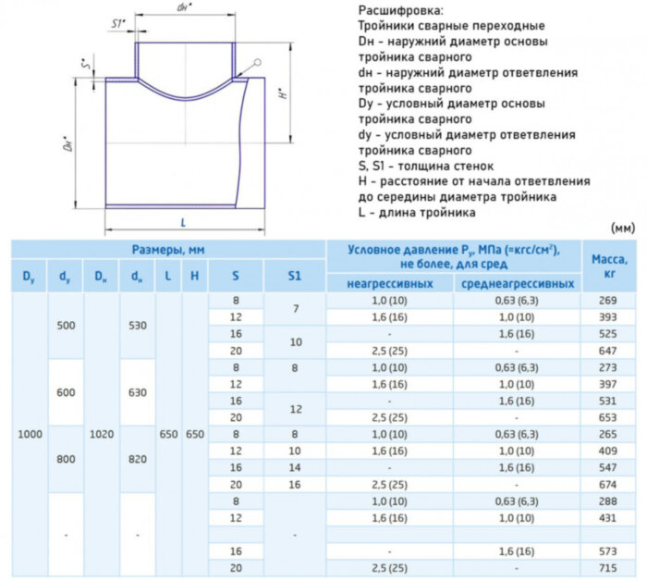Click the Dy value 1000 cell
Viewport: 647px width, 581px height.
(31, 434)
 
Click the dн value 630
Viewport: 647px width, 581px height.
(137, 392)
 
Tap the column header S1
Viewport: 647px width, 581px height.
(295, 275)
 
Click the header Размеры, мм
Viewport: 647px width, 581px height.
(167, 250)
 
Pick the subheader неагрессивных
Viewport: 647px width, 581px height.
(389, 283)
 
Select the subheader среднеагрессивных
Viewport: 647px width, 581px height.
(517, 283)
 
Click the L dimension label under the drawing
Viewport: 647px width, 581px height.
(184, 223)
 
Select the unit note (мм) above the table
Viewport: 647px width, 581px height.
(622, 226)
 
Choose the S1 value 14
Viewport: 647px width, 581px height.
(295, 467)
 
